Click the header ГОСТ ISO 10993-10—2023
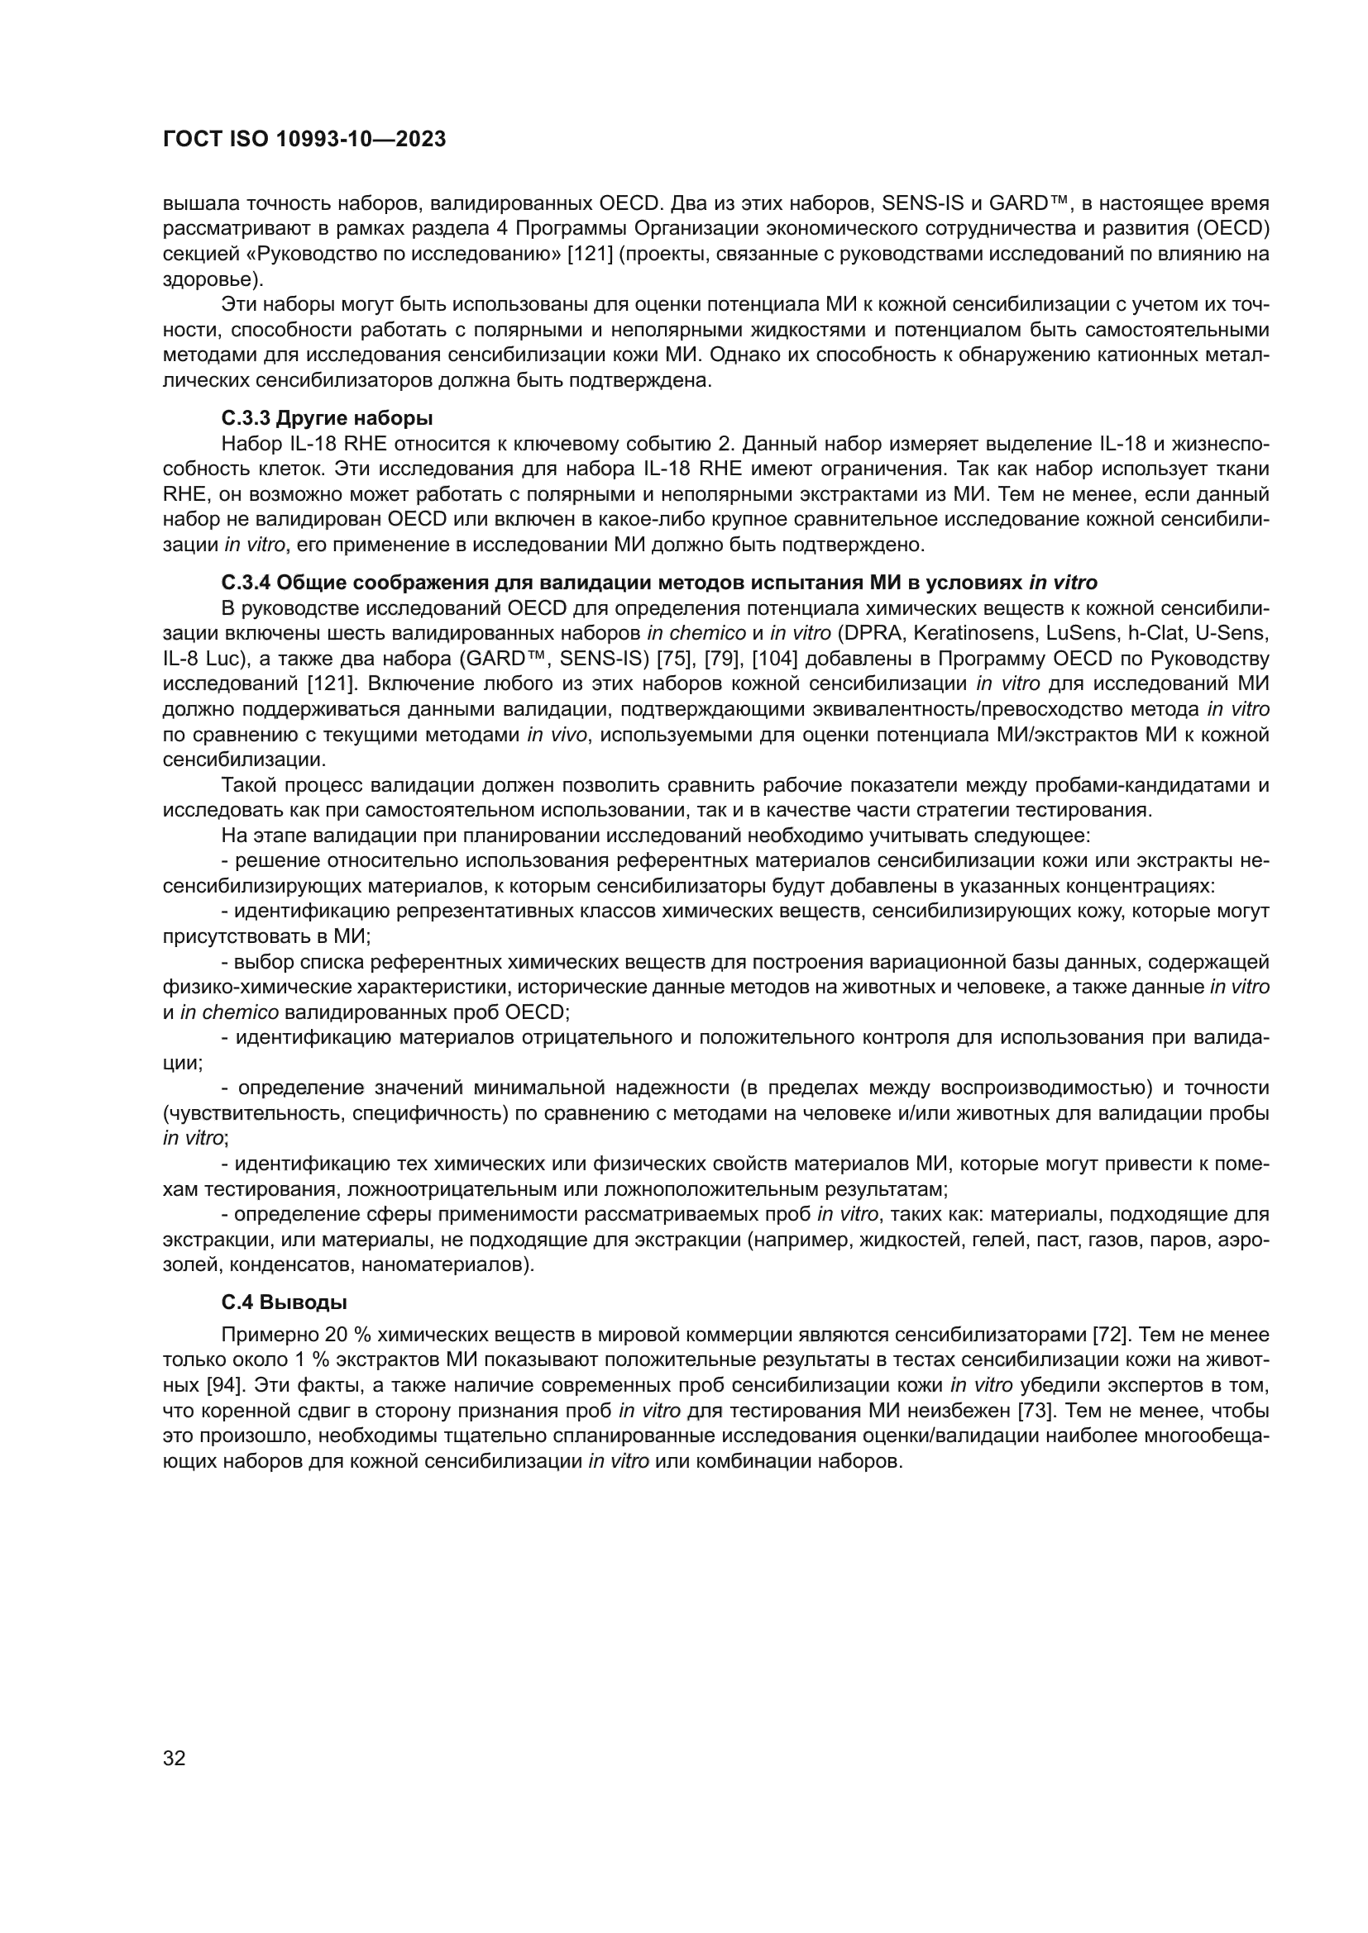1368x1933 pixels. pos(304,140)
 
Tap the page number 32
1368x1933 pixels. pos(175,1758)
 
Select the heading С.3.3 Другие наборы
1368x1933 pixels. pos(327,417)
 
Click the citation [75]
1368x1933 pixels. pos(674,658)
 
